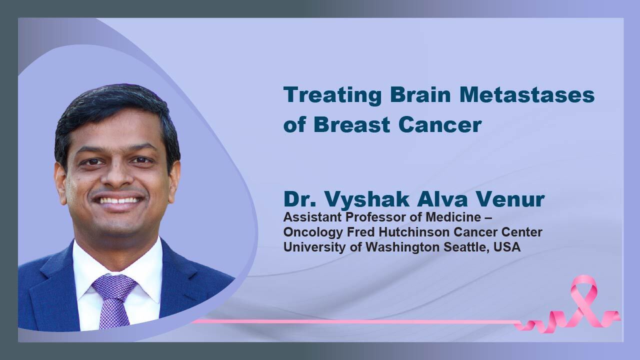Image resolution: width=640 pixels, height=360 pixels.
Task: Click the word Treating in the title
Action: pyautogui.click(x=332, y=95)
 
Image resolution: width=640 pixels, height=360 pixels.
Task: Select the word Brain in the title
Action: pyautogui.click(x=420, y=94)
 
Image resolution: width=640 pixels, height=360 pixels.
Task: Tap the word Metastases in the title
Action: pyautogui.click(x=527, y=94)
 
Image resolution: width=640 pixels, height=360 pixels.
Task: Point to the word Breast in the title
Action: pyautogui.click(x=351, y=124)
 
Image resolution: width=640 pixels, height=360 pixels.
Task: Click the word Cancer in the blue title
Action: pyautogui.click(x=440, y=124)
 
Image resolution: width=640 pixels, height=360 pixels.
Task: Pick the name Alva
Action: pyautogui.click(x=442, y=198)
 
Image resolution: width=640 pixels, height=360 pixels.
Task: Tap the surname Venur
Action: pyautogui.click(x=510, y=198)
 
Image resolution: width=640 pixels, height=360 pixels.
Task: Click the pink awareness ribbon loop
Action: pyautogui.click(x=583, y=288)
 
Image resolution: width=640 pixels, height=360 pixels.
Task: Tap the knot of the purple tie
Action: pyautogui.click(x=114, y=285)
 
